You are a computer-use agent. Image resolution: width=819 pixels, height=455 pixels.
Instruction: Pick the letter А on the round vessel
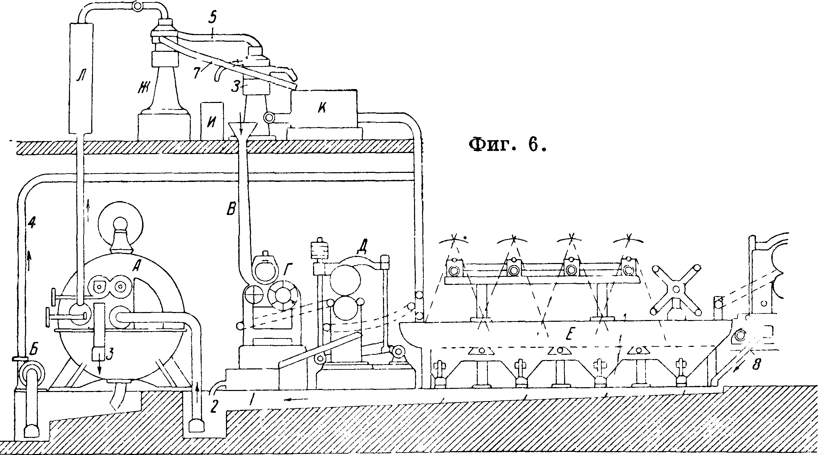(137, 267)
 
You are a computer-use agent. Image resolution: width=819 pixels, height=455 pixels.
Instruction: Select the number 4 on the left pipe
(32, 223)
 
